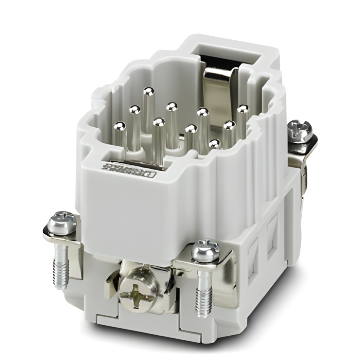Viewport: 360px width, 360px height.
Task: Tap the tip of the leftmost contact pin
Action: tap(119, 126)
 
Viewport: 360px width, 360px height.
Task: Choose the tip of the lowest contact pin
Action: tap(214, 143)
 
